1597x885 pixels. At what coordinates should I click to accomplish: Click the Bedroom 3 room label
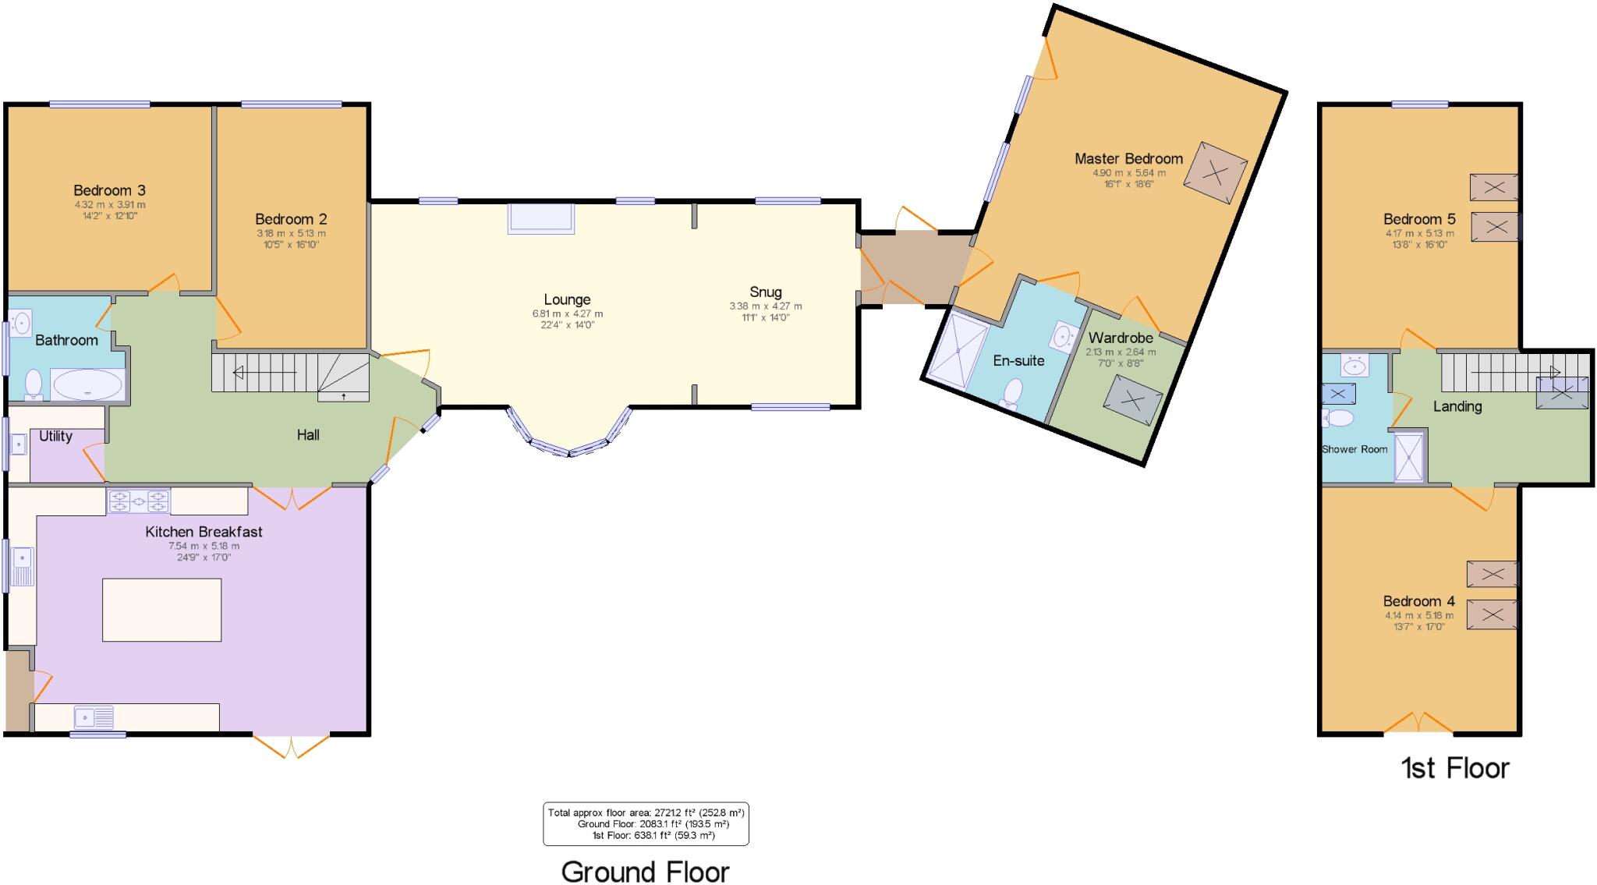pos(109,190)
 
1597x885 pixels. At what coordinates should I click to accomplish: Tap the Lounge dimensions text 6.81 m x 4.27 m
pos(567,314)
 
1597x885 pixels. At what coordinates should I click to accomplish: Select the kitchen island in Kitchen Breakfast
pos(161,610)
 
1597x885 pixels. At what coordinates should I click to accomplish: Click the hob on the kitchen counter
pos(139,501)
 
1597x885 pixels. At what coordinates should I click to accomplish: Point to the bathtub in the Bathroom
pos(87,384)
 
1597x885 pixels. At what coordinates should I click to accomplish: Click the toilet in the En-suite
pos(1012,392)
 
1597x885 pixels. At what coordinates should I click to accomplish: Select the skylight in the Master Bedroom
pos(1215,173)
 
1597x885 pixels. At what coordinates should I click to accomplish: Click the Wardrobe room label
pos(1121,338)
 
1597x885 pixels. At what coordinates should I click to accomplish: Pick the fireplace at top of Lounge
pos(541,218)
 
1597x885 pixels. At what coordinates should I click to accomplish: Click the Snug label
pos(766,292)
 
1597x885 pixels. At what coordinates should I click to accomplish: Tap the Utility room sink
pos(18,444)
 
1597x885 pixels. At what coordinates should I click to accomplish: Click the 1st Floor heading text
pos(1455,769)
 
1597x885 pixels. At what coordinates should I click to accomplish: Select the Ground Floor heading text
pos(645,872)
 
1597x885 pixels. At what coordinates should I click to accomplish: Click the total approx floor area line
pos(646,812)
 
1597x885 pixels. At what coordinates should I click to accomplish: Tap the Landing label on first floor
pos(1457,406)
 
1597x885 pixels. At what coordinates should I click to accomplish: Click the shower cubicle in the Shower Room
pos(1409,458)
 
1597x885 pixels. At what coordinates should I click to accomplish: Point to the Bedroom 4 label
pos(1418,601)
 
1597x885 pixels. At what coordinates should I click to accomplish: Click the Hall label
pos(308,435)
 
